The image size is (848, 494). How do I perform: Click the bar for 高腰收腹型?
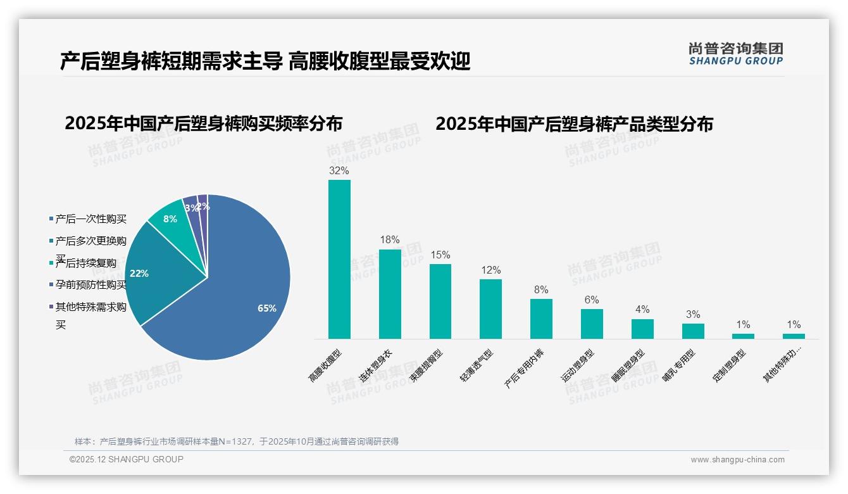click(339, 260)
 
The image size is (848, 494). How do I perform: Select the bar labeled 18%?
click(390, 294)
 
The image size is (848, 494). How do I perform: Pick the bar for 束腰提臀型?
click(440, 301)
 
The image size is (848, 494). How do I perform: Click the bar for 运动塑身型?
click(592, 324)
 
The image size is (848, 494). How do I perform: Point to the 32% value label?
click(339, 171)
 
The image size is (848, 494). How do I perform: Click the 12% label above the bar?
click(490, 270)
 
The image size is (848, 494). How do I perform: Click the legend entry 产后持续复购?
click(85, 263)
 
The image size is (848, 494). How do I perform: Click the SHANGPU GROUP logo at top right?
click(736, 54)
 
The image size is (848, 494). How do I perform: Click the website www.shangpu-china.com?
click(737, 460)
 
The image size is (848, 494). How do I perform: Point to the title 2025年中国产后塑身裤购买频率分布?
click(203, 123)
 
